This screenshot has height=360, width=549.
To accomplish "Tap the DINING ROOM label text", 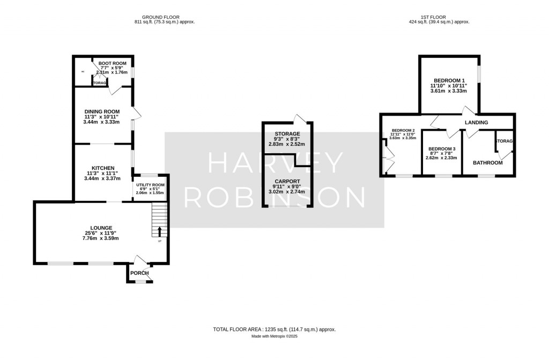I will pos(105,111).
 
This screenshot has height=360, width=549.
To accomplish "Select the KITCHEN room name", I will pos(105,168).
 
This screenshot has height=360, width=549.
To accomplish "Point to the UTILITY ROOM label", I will pos(151,185).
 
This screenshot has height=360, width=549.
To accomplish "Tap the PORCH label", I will pos(139,273).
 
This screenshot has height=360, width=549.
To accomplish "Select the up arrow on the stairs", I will pos(159,232).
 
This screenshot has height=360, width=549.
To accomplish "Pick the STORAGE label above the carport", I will pos(287,133).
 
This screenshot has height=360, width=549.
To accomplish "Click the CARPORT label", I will pos(287,182).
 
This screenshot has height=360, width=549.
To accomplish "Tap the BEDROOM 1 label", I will pos(449,80).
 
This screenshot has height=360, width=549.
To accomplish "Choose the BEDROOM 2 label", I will pos(403,130).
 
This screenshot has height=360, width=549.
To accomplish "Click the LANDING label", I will pos(476,123).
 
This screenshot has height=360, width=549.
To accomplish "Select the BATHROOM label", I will pos(487,162).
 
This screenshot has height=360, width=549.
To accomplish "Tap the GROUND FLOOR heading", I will pos(165,17).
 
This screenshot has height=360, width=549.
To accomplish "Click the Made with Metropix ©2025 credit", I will pos(274,336).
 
